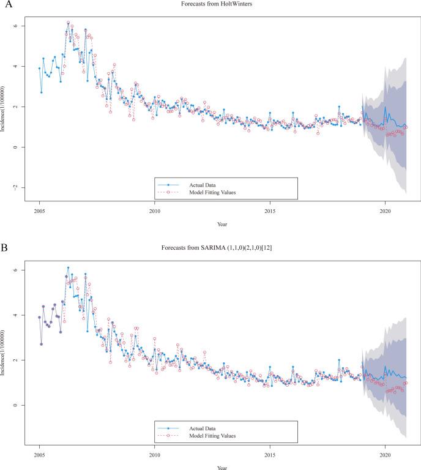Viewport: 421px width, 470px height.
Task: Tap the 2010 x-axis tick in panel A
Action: tap(154, 212)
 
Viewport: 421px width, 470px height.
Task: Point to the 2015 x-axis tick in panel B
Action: tap(270, 455)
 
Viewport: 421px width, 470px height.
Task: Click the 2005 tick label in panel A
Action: tap(39, 212)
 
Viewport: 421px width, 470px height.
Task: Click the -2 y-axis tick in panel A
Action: tap(24, 187)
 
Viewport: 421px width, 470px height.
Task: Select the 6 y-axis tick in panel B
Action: tap(24, 270)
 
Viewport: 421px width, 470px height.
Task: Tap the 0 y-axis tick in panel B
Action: tap(24, 405)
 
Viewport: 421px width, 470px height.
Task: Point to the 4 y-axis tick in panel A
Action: tap(24, 66)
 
